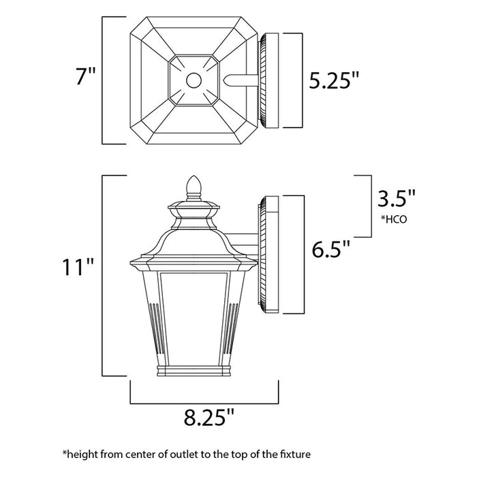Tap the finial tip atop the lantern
194,183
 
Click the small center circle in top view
194,80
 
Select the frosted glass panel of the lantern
194,313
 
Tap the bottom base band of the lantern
194,372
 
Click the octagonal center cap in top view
194,80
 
